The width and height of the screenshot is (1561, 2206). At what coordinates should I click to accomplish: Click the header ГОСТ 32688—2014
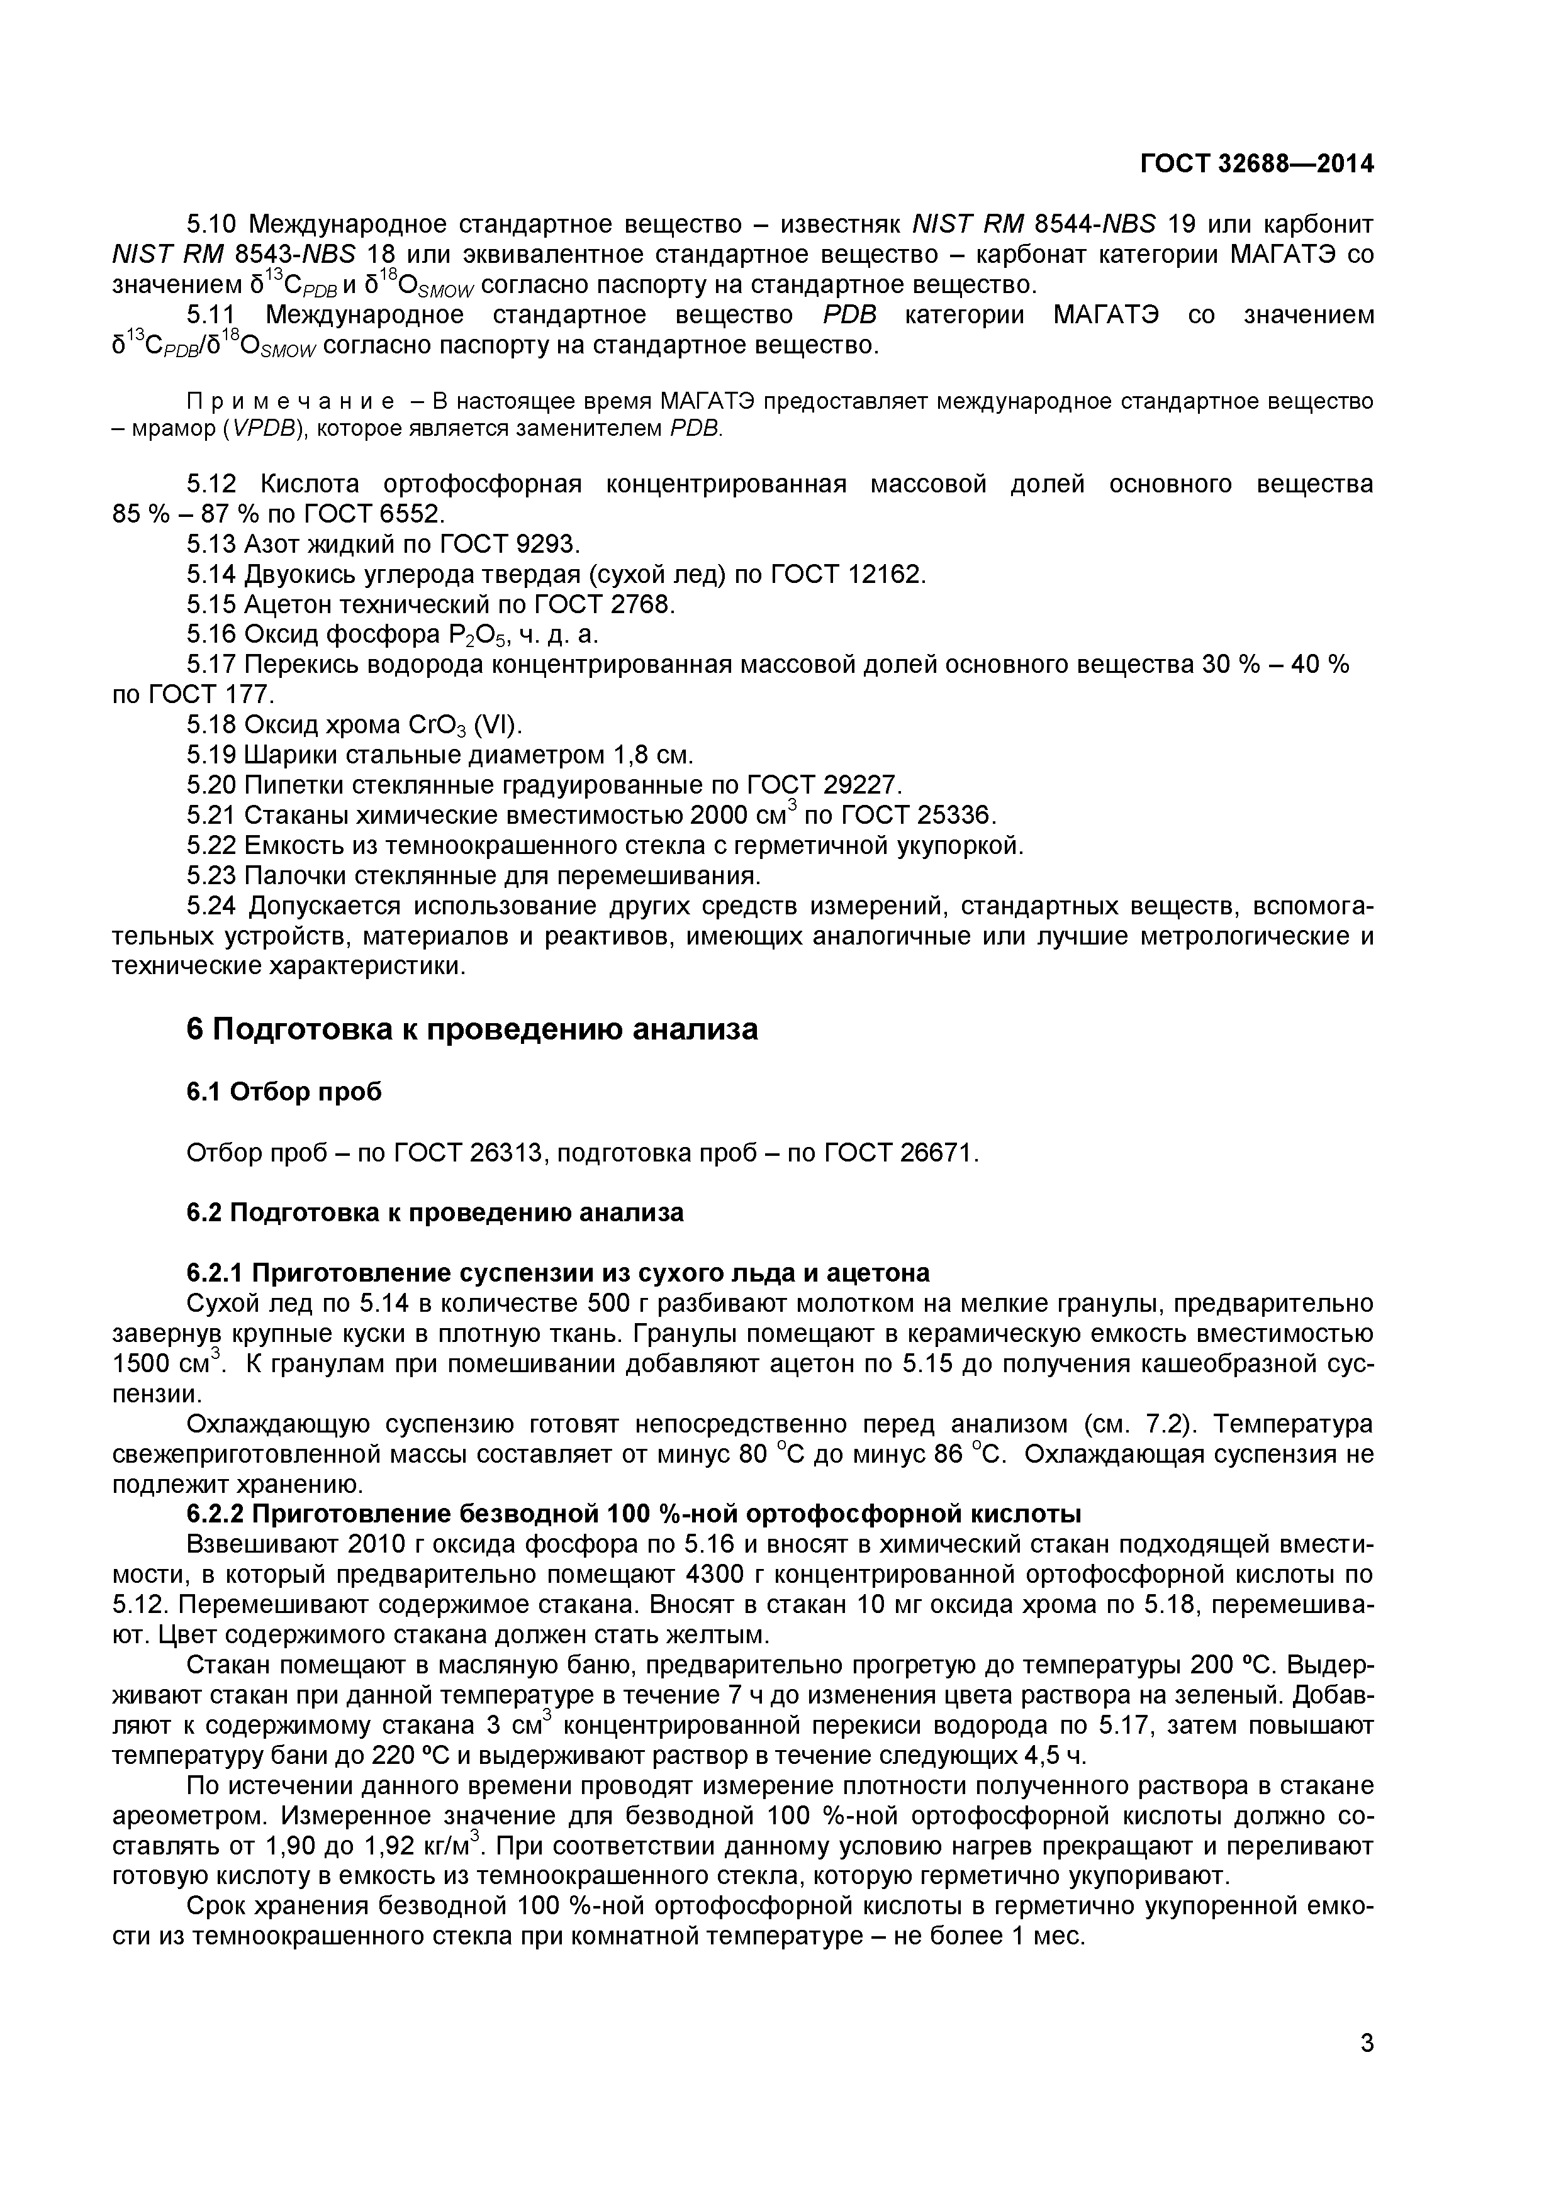[x=1256, y=164]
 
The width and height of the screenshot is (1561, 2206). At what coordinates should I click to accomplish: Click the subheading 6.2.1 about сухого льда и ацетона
[x=557, y=1273]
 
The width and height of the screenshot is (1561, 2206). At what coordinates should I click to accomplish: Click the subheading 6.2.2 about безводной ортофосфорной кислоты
[x=634, y=1514]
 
